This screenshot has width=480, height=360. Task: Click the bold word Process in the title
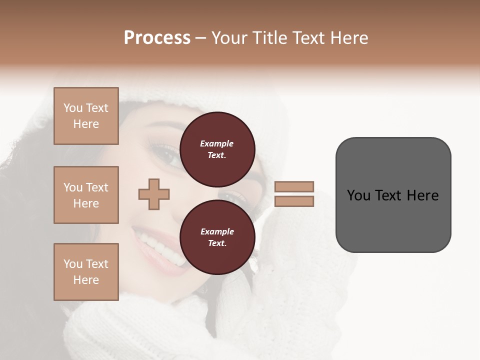click(157, 38)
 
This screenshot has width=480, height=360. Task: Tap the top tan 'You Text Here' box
click(86, 116)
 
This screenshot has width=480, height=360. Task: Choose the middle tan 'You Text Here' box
click(86, 195)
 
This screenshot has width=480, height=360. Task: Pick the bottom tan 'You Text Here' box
click(86, 272)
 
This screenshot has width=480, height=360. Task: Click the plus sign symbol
click(154, 194)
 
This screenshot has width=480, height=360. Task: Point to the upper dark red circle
click(217, 149)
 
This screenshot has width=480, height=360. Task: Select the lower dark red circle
click(217, 237)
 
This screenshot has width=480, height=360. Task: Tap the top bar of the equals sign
click(294, 187)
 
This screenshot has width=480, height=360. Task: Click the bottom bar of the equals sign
click(294, 201)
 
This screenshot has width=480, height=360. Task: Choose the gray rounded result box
click(393, 195)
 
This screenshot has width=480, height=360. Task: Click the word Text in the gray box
click(389, 195)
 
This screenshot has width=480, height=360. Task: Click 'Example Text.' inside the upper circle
click(217, 149)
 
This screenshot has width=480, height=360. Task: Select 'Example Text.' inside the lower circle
click(217, 237)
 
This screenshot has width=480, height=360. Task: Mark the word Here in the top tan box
click(86, 124)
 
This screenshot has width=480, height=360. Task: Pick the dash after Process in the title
click(201, 38)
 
